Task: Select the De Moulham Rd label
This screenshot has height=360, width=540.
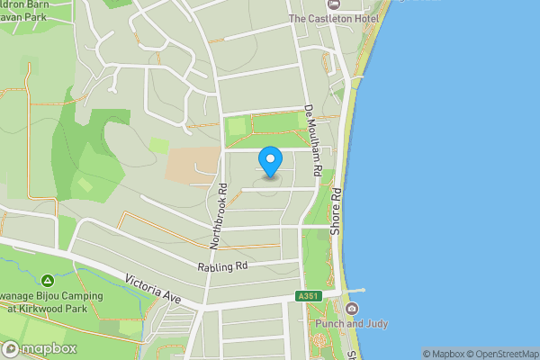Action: click(x=313, y=139)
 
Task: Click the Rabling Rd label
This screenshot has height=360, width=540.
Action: click(x=222, y=267)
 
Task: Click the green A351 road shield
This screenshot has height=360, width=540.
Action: click(x=307, y=296)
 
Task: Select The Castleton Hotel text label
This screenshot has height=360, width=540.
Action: click(x=331, y=18)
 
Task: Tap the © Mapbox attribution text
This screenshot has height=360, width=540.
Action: click(x=442, y=354)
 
